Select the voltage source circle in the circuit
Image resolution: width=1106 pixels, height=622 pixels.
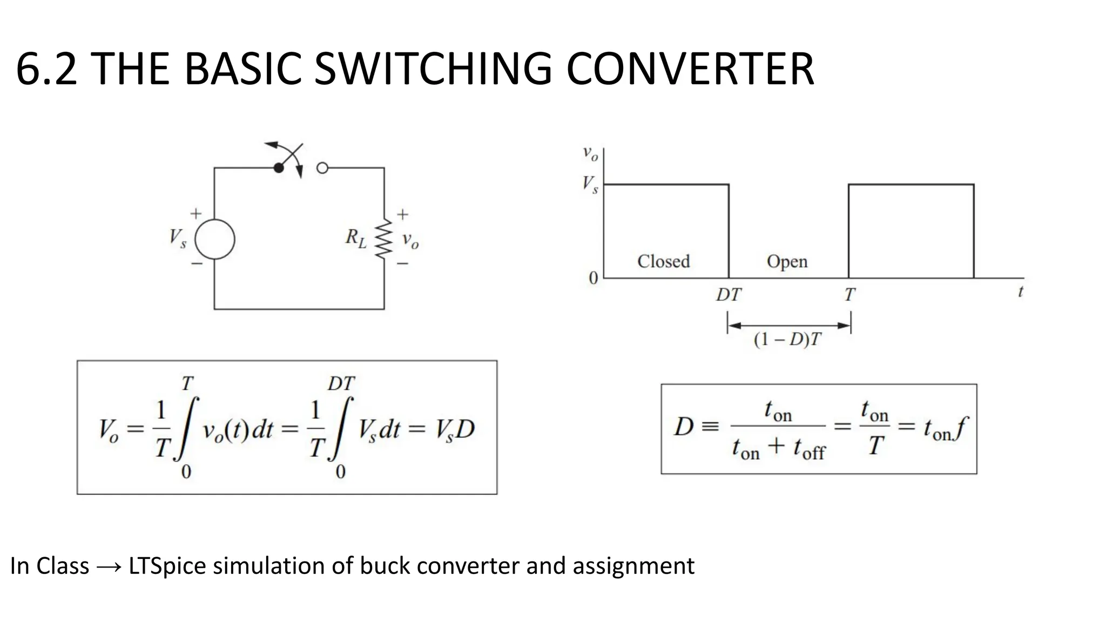point(214,240)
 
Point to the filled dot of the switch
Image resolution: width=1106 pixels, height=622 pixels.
point(279,168)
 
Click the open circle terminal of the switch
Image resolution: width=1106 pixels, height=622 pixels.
point(322,168)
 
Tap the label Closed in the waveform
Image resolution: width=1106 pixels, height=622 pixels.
point(663,261)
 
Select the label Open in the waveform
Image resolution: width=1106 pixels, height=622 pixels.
point(787,261)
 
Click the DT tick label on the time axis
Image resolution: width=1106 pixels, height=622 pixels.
point(729,295)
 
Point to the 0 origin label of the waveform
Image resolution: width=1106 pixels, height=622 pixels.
point(594,279)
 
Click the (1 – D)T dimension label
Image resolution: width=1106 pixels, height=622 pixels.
point(787,340)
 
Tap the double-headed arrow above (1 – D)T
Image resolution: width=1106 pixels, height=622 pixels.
point(789,325)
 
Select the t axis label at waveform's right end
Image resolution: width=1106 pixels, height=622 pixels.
point(1020,292)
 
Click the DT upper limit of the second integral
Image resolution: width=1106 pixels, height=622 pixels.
point(341,384)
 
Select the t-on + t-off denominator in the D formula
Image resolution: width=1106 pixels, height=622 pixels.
point(778,449)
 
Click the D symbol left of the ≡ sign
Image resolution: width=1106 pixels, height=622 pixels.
point(684,427)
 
